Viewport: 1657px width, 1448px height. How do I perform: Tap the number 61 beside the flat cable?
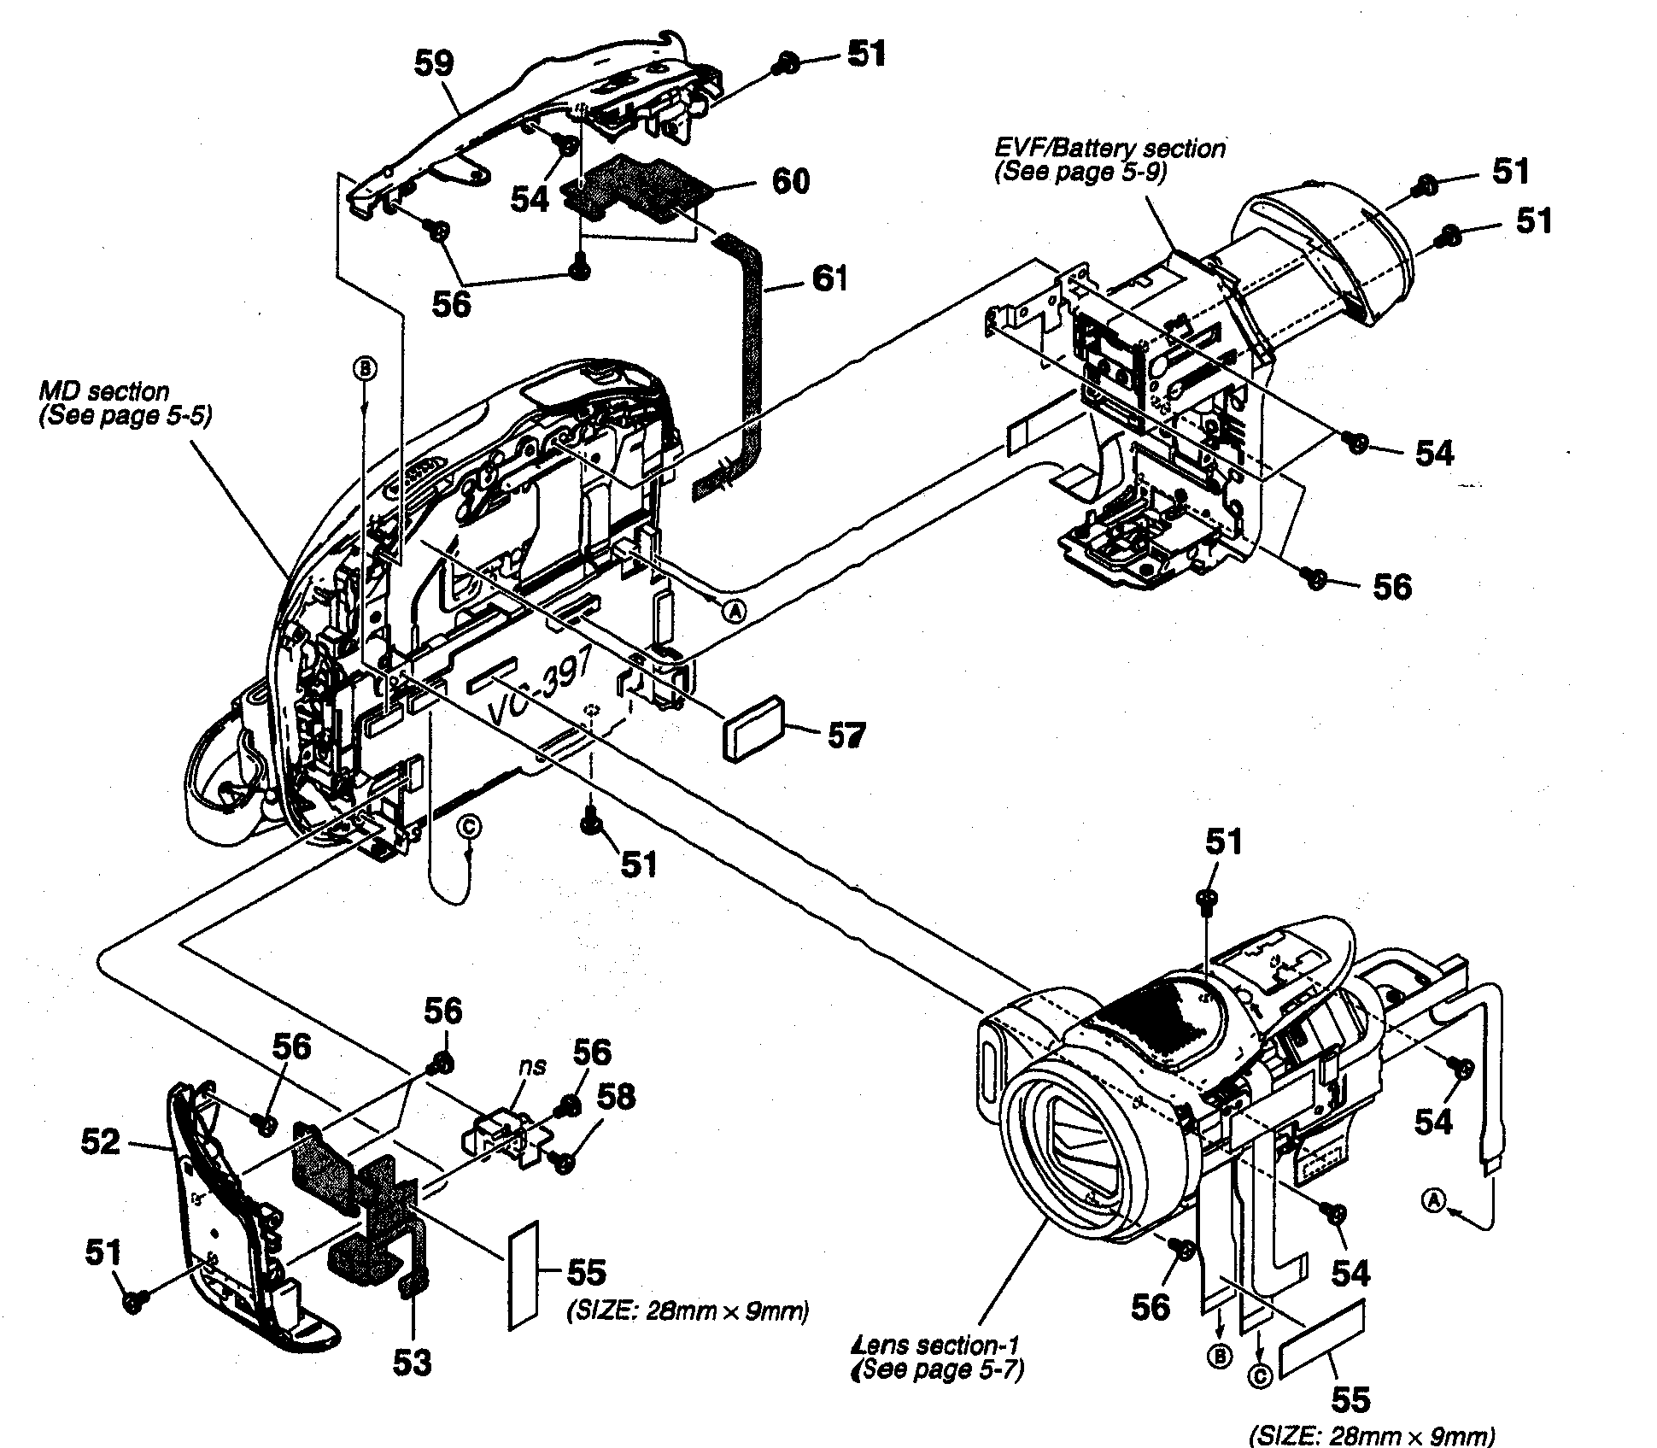(828, 278)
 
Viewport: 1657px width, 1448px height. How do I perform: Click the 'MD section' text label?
(104, 391)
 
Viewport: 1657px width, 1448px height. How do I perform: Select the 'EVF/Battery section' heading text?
(1110, 149)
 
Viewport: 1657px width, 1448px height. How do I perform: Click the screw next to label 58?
(562, 1161)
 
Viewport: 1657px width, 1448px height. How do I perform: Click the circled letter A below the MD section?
(734, 609)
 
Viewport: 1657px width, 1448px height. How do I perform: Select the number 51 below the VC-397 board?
(638, 865)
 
